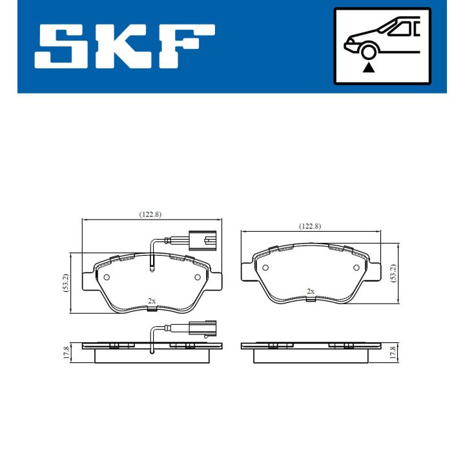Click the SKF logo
point(124,47)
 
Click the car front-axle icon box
point(382,46)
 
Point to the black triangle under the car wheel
point(369,67)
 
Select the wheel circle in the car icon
point(369,52)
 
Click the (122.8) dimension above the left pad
point(150,214)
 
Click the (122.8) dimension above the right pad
point(309,225)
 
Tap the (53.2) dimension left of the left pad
point(66,283)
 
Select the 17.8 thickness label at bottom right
point(393,353)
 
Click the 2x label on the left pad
point(152,301)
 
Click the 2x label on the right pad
point(311,291)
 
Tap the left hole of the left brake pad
point(107,277)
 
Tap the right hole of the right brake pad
point(356,267)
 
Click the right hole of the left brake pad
point(198,277)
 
